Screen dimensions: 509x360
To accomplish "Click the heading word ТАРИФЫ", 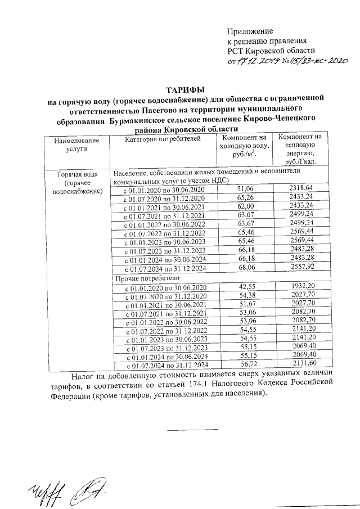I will point(185,89).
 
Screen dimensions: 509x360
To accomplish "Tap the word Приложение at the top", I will point(250,31).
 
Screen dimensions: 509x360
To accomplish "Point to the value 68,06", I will point(246,268).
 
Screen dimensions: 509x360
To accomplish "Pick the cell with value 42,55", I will point(247,287).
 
